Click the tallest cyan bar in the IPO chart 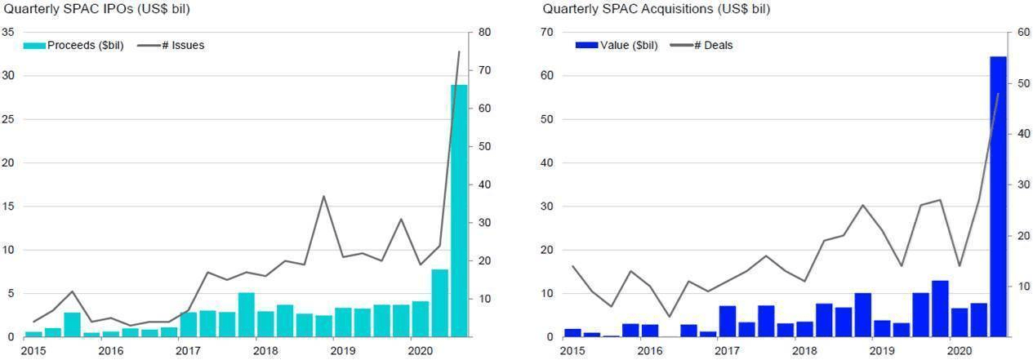tap(459, 211)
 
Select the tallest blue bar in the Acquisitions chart tap(998, 196)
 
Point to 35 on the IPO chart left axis tap(8, 32)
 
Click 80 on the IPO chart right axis tap(485, 32)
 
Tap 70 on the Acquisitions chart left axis tap(546, 32)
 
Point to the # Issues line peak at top tap(459, 51)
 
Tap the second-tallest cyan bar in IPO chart tap(439, 303)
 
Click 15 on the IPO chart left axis tap(8, 206)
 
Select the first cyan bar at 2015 tap(33, 334)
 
